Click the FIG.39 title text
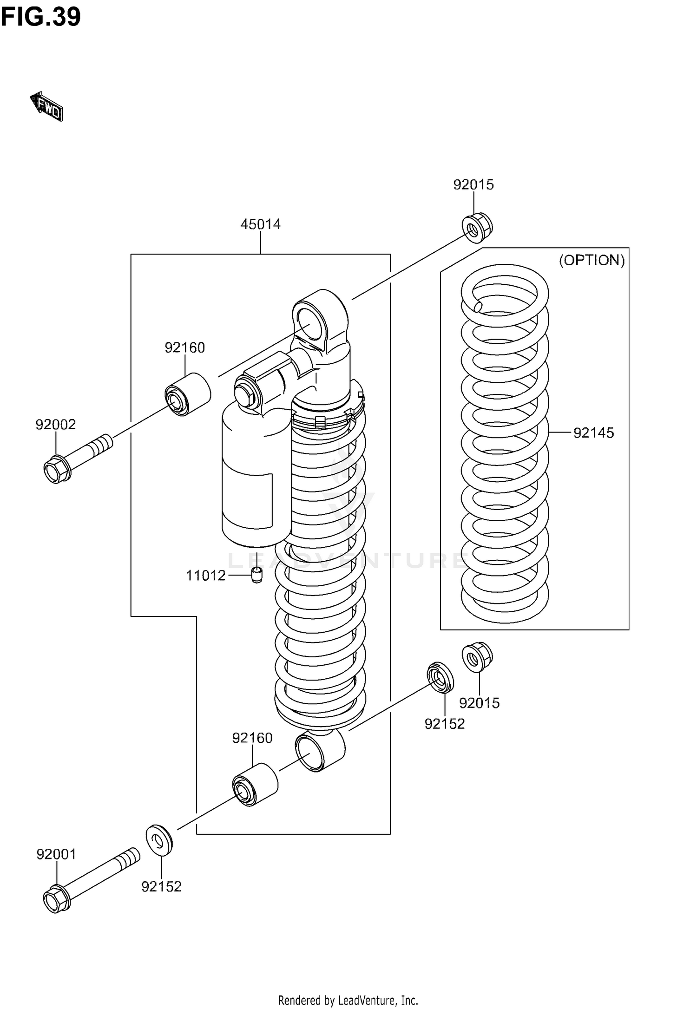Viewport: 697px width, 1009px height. click(x=41, y=18)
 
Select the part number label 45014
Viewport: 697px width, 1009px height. click(x=260, y=224)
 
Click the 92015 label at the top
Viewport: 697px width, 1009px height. click(x=473, y=184)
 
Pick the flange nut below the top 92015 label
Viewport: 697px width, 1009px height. click(x=476, y=227)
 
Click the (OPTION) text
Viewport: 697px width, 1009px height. click(x=592, y=260)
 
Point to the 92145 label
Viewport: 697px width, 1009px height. click(x=593, y=433)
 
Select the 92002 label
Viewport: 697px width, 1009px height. click(x=56, y=425)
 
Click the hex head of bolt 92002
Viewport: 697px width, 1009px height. click(x=57, y=470)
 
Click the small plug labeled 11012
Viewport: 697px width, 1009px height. click(x=256, y=575)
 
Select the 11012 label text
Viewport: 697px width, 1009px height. click(x=205, y=576)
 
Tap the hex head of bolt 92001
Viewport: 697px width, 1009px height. click(x=57, y=900)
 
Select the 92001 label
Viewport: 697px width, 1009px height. click(x=56, y=854)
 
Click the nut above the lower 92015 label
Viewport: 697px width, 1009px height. click(x=477, y=656)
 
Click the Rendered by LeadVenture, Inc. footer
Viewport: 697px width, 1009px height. click(x=348, y=1000)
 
